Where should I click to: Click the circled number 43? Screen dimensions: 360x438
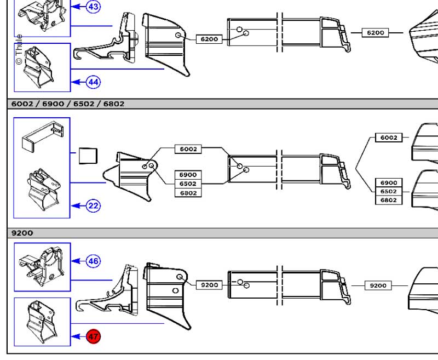pyautogui.click(x=94, y=7)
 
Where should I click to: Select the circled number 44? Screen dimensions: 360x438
pyautogui.click(x=94, y=82)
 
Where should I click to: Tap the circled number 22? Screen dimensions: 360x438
pyautogui.click(x=94, y=206)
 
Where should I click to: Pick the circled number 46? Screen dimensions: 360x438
pyautogui.click(x=94, y=261)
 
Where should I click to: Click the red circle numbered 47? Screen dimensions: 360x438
pyautogui.click(x=94, y=336)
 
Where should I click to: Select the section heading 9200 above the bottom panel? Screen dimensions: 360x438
pyautogui.click(x=22, y=233)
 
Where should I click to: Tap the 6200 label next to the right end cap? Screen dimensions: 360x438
pyautogui.click(x=375, y=33)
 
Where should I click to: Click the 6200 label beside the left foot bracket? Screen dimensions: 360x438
pyautogui.click(x=209, y=39)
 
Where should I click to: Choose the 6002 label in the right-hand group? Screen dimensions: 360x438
pyautogui.click(x=389, y=138)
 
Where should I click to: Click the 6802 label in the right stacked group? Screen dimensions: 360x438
pyautogui.click(x=389, y=200)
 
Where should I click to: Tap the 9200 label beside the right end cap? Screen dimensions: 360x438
pyautogui.click(x=378, y=285)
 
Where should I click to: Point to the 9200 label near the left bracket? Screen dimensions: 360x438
pyautogui.click(x=210, y=285)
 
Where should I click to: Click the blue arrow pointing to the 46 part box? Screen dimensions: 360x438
pyautogui.click(x=79, y=261)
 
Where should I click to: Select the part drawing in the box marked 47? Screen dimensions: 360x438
pyautogui.click(x=42, y=322)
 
